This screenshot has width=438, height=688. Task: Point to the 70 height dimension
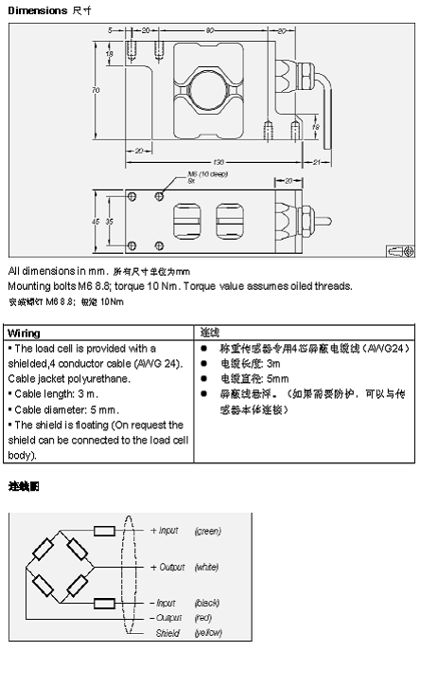(96, 90)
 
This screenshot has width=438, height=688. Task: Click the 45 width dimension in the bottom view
(96, 220)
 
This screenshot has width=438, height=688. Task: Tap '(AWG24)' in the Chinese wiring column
(388, 349)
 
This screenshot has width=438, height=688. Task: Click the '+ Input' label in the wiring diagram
(164, 531)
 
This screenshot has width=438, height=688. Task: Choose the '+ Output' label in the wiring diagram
(166, 567)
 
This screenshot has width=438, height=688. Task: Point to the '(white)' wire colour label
(207, 567)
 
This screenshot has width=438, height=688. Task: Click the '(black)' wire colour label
(207, 603)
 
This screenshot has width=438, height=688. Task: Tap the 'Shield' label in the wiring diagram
(167, 632)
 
